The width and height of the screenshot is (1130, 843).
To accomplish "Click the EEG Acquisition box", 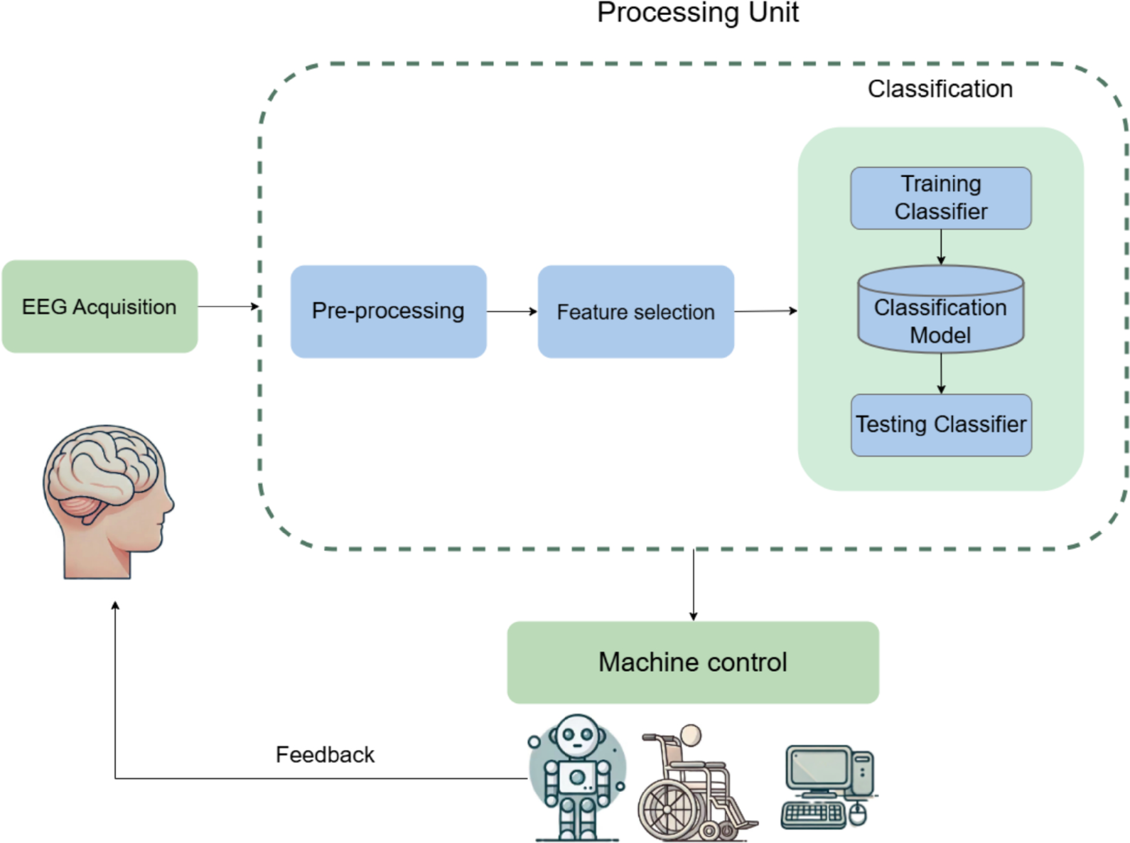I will (99, 306).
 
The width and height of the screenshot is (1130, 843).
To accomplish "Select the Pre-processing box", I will (388, 311).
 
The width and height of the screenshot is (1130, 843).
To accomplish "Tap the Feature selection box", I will (635, 311).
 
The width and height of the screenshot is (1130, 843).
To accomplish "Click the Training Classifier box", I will (940, 198).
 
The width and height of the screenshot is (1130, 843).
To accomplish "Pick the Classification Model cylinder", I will (940, 313).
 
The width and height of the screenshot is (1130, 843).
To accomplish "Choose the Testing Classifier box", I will (940, 424).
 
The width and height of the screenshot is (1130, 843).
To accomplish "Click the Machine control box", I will (693, 662).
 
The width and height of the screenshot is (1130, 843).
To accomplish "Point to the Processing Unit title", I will (697, 12).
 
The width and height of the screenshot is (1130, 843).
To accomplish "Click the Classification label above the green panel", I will (940, 89).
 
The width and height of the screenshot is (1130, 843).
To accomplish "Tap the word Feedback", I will (325, 754).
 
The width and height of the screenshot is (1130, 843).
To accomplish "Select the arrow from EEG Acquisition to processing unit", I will (227, 306).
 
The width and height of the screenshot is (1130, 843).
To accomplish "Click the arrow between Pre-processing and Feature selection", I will (512, 311).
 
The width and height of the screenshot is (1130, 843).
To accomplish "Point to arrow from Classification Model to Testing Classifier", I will (940, 373).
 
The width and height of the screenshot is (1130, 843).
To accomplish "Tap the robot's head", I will (576, 736).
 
